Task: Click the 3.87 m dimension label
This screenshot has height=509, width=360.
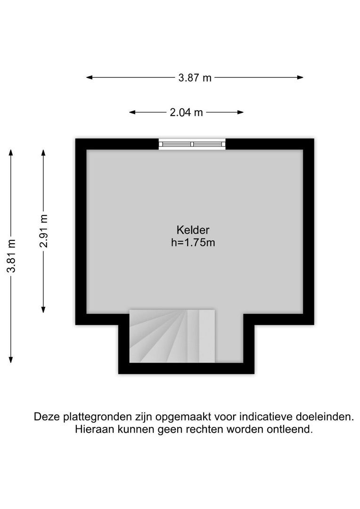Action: tap(195, 78)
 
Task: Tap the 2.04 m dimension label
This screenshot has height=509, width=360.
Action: tap(186, 113)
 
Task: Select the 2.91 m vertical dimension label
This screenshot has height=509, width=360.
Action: tap(43, 230)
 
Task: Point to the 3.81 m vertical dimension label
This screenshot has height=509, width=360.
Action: tap(11, 256)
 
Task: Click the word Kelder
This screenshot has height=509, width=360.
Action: tap(193, 230)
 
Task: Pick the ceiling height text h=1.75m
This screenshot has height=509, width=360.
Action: tap(193, 243)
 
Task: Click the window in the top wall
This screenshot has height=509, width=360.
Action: tap(192, 144)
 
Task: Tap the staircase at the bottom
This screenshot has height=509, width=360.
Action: tap(172, 336)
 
